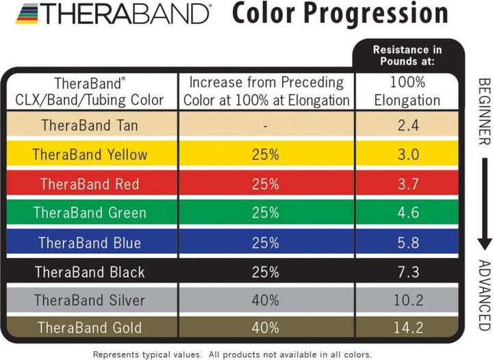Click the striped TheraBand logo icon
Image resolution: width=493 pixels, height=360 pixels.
(29, 13)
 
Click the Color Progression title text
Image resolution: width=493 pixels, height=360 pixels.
(340, 14)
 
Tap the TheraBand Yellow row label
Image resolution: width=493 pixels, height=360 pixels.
(90, 155)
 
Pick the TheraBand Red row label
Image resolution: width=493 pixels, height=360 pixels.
(90, 184)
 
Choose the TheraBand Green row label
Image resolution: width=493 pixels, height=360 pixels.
(90, 213)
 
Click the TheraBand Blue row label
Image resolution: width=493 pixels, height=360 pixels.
(90, 243)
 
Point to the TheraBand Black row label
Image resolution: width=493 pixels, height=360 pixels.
(90, 272)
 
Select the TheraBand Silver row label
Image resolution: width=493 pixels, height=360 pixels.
(90, 300)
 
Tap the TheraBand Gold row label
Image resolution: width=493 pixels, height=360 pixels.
(90, 328)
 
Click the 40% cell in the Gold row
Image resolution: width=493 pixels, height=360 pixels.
(266, 328)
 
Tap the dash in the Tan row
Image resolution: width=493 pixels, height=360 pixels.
(266, 125)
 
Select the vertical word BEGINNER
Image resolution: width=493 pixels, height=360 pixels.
(483, 110)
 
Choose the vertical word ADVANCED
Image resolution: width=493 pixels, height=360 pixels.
(483, 294)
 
